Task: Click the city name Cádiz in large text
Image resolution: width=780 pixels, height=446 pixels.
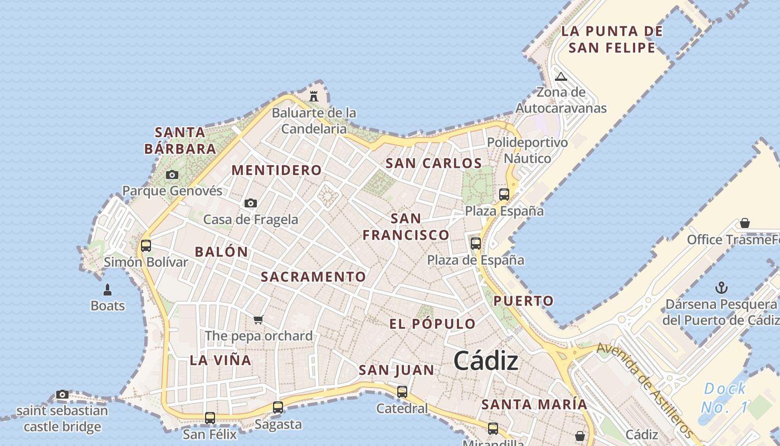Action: point(486,361)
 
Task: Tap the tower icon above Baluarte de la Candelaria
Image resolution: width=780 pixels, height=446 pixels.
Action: point(314,96)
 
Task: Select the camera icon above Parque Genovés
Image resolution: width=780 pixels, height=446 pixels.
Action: point(172,175)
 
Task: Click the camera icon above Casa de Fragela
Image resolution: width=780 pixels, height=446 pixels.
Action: point(251,203)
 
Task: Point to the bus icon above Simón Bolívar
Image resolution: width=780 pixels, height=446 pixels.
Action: point(146,245)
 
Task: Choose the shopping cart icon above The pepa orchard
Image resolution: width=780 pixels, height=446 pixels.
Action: point(258,319)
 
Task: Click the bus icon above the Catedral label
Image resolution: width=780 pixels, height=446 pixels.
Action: point(402,392)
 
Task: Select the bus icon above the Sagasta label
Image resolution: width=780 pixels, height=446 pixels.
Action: point(278,408)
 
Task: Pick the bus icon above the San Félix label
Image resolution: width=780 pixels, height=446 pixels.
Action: point(210,418)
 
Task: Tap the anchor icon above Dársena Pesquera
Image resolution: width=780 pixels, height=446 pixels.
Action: point(721,288)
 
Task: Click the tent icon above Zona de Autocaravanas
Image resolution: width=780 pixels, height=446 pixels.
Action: point(561,76)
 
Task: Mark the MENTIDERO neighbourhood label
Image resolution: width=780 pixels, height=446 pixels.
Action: point(276,170)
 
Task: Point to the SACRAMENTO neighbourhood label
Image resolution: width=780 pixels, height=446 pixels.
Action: point(314,277)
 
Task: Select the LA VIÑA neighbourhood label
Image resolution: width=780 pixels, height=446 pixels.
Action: point(221,360)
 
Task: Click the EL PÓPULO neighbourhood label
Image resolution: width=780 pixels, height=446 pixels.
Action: point(432,324)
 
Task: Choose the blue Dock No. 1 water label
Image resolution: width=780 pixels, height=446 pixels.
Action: point(724,398)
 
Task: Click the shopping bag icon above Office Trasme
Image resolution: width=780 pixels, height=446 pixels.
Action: point(745,224)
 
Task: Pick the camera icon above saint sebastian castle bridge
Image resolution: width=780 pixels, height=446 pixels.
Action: point(62,395)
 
